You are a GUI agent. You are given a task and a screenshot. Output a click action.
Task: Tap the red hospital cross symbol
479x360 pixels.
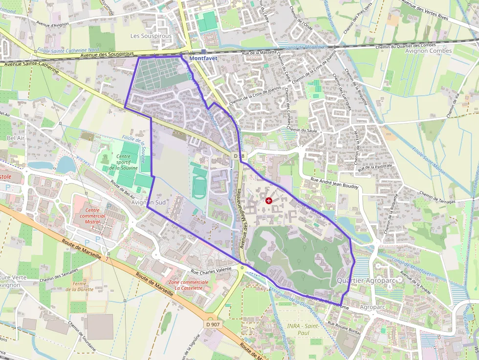click(x=268, y=200)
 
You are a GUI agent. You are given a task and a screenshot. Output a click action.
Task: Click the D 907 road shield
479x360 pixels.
click(x=213, y=324)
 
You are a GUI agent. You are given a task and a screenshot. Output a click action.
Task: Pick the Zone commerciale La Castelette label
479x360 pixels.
click(x=188, y=285)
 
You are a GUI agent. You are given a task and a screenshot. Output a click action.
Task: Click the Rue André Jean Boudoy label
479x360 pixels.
click(x=334, y=184)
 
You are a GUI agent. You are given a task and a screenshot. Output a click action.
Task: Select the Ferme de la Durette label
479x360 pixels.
click(x=79, y=286)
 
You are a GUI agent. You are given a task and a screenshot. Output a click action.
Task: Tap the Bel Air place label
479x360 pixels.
click(x=16, y=138)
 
